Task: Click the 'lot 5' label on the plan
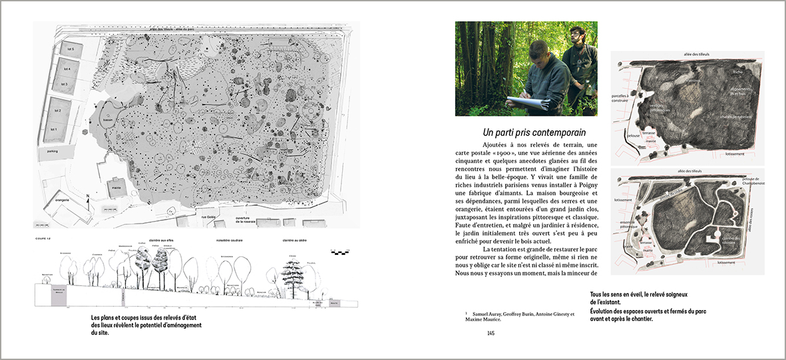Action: click(68, 50)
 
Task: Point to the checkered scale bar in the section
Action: click(339, 252)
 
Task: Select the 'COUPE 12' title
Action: click(43, 237)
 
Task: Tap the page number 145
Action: click(491, 333)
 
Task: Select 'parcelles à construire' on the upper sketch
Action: click(620, 98)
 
